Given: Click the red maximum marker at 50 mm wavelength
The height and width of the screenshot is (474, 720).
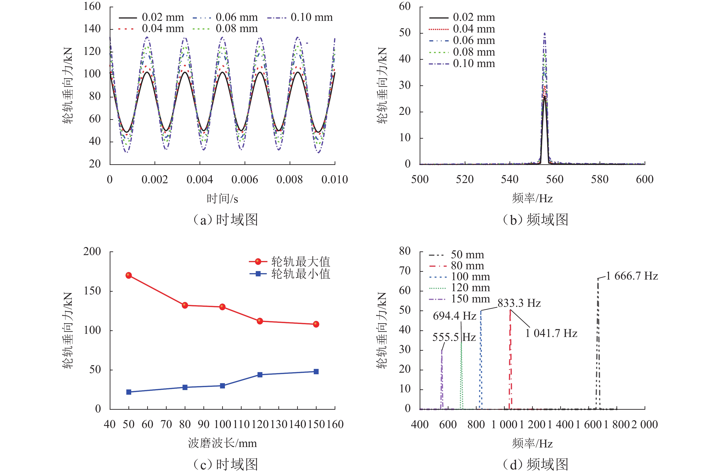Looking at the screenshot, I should click(x=128, y=275).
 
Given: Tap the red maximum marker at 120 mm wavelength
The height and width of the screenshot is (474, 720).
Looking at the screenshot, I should click(x=260, y=321).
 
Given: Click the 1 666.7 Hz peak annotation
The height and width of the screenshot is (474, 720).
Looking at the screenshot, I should click(x=632, y=276).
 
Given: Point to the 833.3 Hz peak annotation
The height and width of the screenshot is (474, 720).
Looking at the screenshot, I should click(x=519, y=303).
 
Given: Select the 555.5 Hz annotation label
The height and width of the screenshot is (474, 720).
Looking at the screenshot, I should click(x=454, y=337).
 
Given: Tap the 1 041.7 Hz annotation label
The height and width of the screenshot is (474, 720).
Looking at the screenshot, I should click(x=551, y=333).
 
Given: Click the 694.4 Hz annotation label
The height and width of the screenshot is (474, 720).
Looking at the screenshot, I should click(x=454, y=316).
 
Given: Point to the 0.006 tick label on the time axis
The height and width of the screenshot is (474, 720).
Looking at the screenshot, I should click(x=245, y=180).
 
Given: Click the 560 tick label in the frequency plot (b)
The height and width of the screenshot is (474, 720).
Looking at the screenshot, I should click(x=555, y=180).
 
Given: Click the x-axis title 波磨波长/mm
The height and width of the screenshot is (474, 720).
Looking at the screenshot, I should click(x=222, y=443).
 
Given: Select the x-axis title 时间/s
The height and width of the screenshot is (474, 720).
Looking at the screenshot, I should click(x=222, y=199).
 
